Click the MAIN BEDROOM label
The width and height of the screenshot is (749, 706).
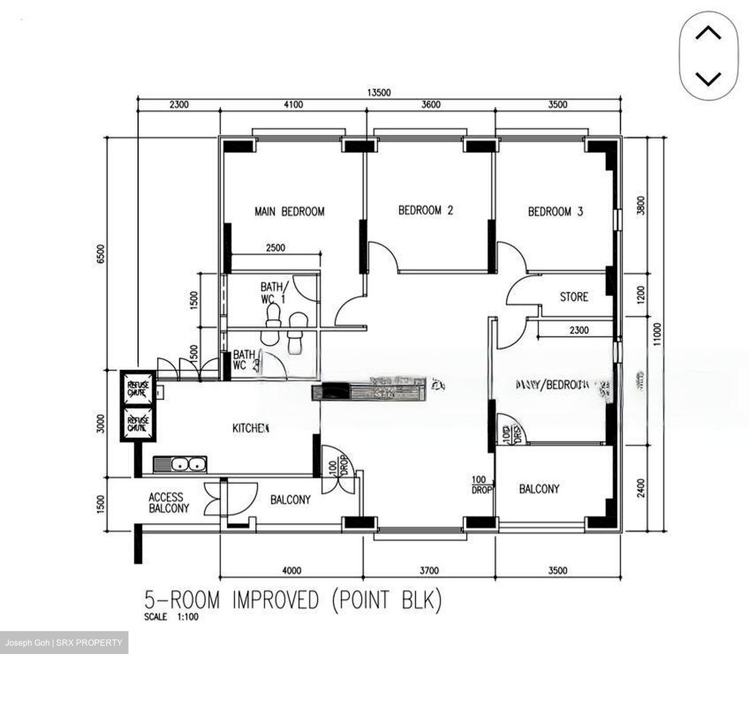click(x=289, y=212)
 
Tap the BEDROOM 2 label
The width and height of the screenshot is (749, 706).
click(x=425, y=210)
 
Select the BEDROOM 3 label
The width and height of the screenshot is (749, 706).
click(x=555, y=212)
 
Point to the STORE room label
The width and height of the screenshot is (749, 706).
click(x=574, y=297)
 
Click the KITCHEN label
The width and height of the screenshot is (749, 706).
click(x=250, y=428)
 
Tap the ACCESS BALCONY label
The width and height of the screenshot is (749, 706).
click(x=169, y=503)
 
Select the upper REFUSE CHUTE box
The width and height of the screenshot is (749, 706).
click(x=138, y=388)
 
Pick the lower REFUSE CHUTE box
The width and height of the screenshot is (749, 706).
click(x=138, y=423)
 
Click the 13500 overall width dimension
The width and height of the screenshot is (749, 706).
click(x=379, y=93)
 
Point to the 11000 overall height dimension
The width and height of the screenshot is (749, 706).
click(x=657, y=334)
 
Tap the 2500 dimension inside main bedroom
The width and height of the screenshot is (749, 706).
click(x=275, y=248)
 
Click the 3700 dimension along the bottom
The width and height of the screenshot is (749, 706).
click(x=429, y=570)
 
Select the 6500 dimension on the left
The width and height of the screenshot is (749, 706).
click(x=101, y=254)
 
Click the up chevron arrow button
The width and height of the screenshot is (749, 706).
click(x=708, y=34)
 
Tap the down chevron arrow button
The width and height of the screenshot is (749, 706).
click(x=708, y=79)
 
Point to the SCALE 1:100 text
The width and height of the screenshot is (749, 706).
click(x=171, y=617)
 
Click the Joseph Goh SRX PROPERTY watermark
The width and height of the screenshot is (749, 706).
click(x=64, y=643)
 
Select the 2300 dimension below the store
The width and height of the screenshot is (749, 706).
click(x=578, y=330)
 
